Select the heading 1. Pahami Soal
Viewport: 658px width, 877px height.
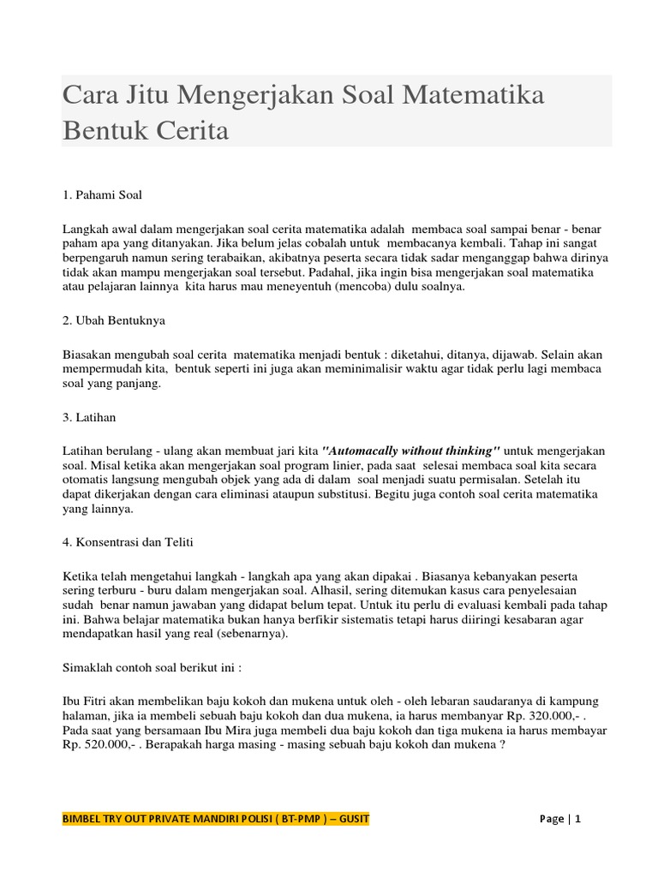coord(103,194)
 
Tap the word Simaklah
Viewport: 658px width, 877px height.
coord(90,667)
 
